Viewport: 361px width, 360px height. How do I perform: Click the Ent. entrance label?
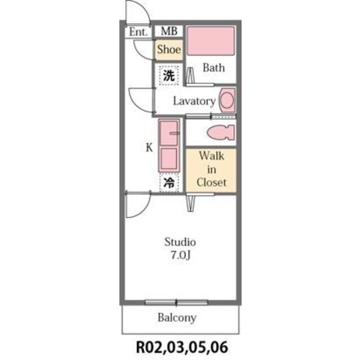point(138,31)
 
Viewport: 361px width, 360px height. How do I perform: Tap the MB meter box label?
point(169,31)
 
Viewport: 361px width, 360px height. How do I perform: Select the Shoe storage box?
point(169,50)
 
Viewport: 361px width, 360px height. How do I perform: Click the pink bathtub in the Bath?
point(211,40)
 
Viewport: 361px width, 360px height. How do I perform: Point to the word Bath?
point(213,67)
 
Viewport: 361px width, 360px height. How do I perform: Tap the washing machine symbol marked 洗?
point(169,75)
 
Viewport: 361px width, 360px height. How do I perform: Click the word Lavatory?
point(194,101)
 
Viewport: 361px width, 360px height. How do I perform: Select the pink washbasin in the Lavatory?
point(228,100)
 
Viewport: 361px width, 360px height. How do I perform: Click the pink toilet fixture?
point(221,132)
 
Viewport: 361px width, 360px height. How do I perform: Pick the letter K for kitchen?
point(149,147)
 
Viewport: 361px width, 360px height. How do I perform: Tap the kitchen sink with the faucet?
point(169,133)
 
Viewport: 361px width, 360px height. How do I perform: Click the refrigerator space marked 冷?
point(169,183)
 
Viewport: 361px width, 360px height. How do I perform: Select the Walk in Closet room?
point(211,170)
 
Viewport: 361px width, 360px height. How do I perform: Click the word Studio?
point(180,242)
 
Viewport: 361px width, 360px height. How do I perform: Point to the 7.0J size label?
point(181,255)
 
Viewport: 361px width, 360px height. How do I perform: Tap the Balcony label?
point(177,318)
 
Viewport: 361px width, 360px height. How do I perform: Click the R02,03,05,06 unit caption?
point(182,347)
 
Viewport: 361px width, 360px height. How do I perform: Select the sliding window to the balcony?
point(176,302)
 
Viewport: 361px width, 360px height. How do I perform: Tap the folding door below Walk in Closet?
point(191,203)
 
